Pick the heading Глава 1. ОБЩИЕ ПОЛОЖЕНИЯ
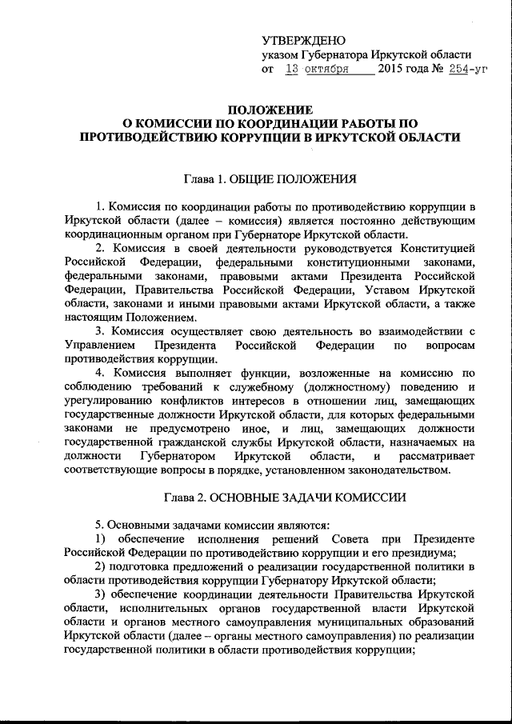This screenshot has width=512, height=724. coord(268,178)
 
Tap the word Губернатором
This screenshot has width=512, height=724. coord(178,455)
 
